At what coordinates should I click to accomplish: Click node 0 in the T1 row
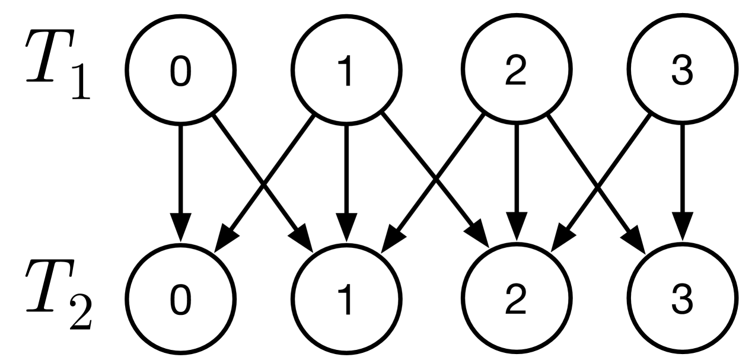coord(181,77)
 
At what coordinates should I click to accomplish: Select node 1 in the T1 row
coord(348,77)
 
